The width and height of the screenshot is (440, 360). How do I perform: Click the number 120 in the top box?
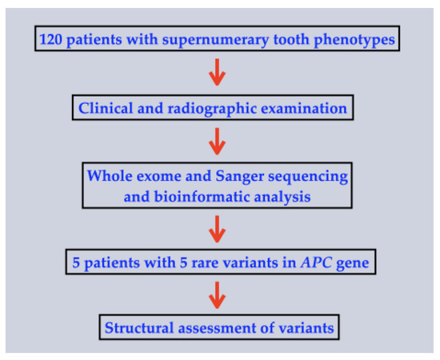click(x=54, y=38)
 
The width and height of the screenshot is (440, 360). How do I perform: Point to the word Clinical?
click(x=103, y=107)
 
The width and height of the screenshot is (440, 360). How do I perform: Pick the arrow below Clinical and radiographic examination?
click(x=217, y=143)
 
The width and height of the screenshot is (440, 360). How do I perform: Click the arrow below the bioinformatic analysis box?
click(x=217, y=231)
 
